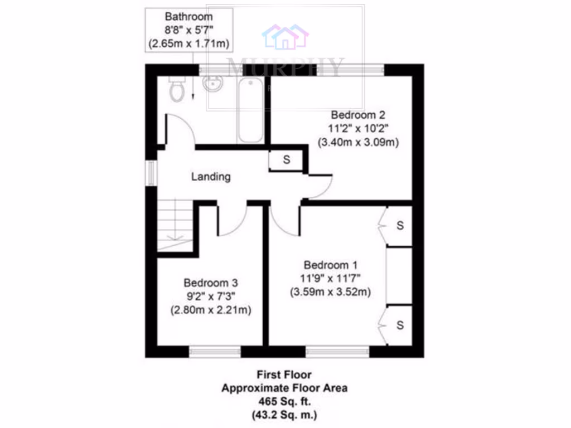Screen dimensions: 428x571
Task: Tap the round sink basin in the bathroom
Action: [x=212, y=84]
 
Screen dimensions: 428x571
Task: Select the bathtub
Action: [x=250, y=110]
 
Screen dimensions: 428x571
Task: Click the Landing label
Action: [x=211, y=177]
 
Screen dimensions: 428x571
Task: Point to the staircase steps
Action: [x=175, y=226]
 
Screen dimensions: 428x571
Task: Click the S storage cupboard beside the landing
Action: [x=286, y=160]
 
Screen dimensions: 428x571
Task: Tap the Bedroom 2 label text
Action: [x=358, y=115]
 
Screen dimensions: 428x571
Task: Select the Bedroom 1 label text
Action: [x=331, y=265]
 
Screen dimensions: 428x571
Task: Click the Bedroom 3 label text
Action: [x=211, y=283]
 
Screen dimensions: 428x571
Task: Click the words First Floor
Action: [x=284, y=375]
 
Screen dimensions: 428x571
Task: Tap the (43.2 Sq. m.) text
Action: [x=284, y=415]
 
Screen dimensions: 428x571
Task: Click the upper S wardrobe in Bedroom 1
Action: [x=399, y=226]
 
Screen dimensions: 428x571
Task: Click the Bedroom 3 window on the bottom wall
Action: [x=215, y=351]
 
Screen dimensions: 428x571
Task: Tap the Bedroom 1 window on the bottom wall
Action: [x=337, y=351]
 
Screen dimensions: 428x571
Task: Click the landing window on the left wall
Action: [x=151, y=173]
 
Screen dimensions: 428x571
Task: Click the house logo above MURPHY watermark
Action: [x=285, y=36]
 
